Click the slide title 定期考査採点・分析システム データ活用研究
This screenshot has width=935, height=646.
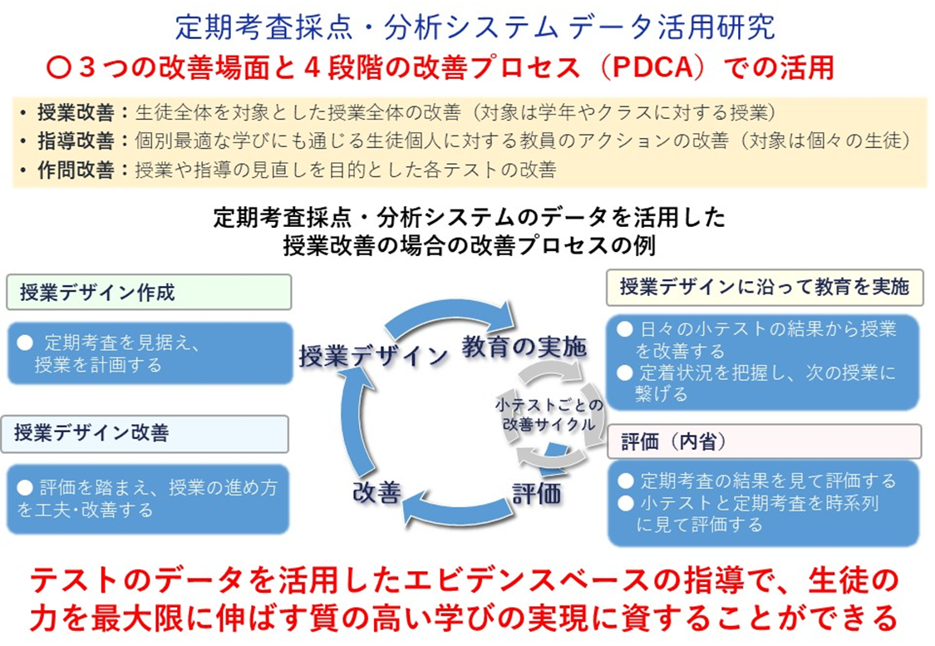[475, 27]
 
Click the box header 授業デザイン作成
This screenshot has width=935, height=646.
[97, 293]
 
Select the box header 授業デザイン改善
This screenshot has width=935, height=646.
[91, 433]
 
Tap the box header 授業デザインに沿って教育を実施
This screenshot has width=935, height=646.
[764, 288]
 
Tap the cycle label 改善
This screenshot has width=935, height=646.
[377, 492]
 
